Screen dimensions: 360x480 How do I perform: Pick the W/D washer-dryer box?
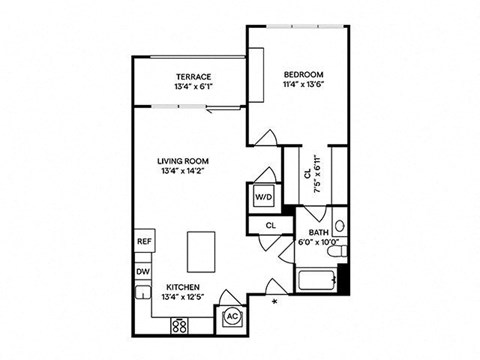pos(265,196)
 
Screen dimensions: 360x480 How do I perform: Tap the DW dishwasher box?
pos(143,271)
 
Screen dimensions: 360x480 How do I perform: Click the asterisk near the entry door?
pos(276,298)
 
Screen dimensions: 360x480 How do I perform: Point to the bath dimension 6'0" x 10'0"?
pos(318,241)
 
